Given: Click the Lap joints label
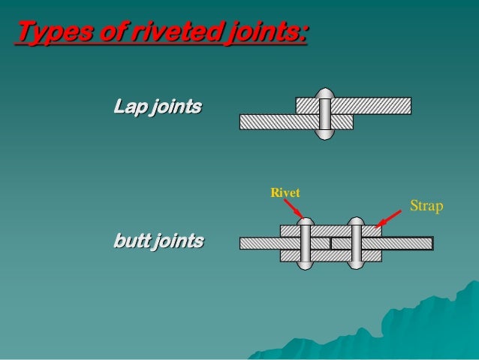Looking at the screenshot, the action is pyautogui.click(x=157, y=107).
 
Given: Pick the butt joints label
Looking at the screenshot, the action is pyautogui.click(x=158, y=241).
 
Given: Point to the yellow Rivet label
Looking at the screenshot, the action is pyautogui.click(x=285, y=193).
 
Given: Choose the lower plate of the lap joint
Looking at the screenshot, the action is pyautogui.click(x=278, y=122).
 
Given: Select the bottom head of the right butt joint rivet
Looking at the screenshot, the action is pyautogui.click(x=357, y=265).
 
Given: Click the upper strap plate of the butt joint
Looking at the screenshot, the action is pyautogui.click(x=330, y=231).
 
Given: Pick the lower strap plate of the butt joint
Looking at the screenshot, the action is pyautogui.click(x=330, y=256).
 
